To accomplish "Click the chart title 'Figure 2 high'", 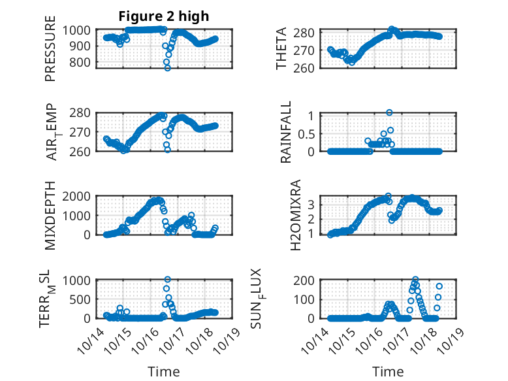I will coord(164,16).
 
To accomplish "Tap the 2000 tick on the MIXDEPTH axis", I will coord(79,196).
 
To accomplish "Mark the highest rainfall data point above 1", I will coord(389,112).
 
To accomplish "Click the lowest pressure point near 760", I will coord(167,68).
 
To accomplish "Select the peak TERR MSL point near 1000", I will coord(167,280).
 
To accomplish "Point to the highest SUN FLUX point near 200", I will coord(415,280).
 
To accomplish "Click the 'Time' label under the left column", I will coord(164,371).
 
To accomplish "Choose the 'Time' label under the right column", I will coord(388,371).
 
